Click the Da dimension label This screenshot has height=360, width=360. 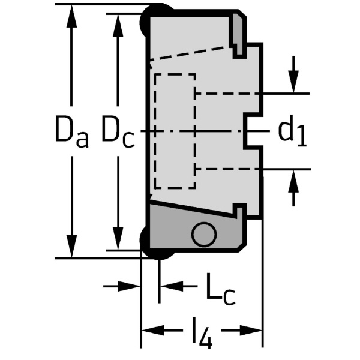tap(71, 132)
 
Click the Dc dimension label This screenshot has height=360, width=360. tap(118, 132)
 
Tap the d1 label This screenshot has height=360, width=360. tap(292, 131)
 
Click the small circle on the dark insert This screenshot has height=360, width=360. tap(205, 235)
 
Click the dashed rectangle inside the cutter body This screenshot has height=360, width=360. tap(175, 131)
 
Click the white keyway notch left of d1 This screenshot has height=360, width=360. tap(253, 131)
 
